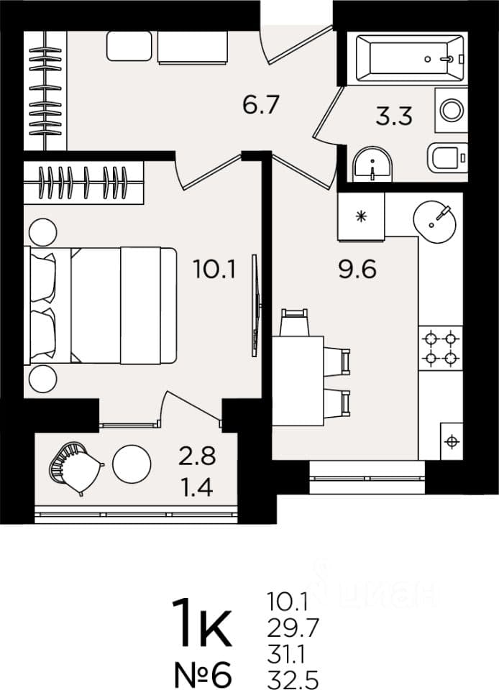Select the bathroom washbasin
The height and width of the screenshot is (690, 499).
[x=372, y=164]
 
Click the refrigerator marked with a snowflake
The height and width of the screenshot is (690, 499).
[x=361, y=216]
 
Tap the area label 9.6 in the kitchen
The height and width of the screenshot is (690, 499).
[x=357, y=270]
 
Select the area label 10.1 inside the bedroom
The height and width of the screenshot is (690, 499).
[x=215, y=270]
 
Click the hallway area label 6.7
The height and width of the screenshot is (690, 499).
[x=261, y=105]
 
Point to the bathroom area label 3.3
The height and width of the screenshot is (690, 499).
[x=394, y=116]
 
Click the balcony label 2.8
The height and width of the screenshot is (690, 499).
[x=197, y=456]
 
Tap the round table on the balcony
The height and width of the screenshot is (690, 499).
[x=132, y=464]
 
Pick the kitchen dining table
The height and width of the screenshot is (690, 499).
[x=298, y=381]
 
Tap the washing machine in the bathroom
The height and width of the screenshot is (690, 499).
[x=452, y=110]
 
